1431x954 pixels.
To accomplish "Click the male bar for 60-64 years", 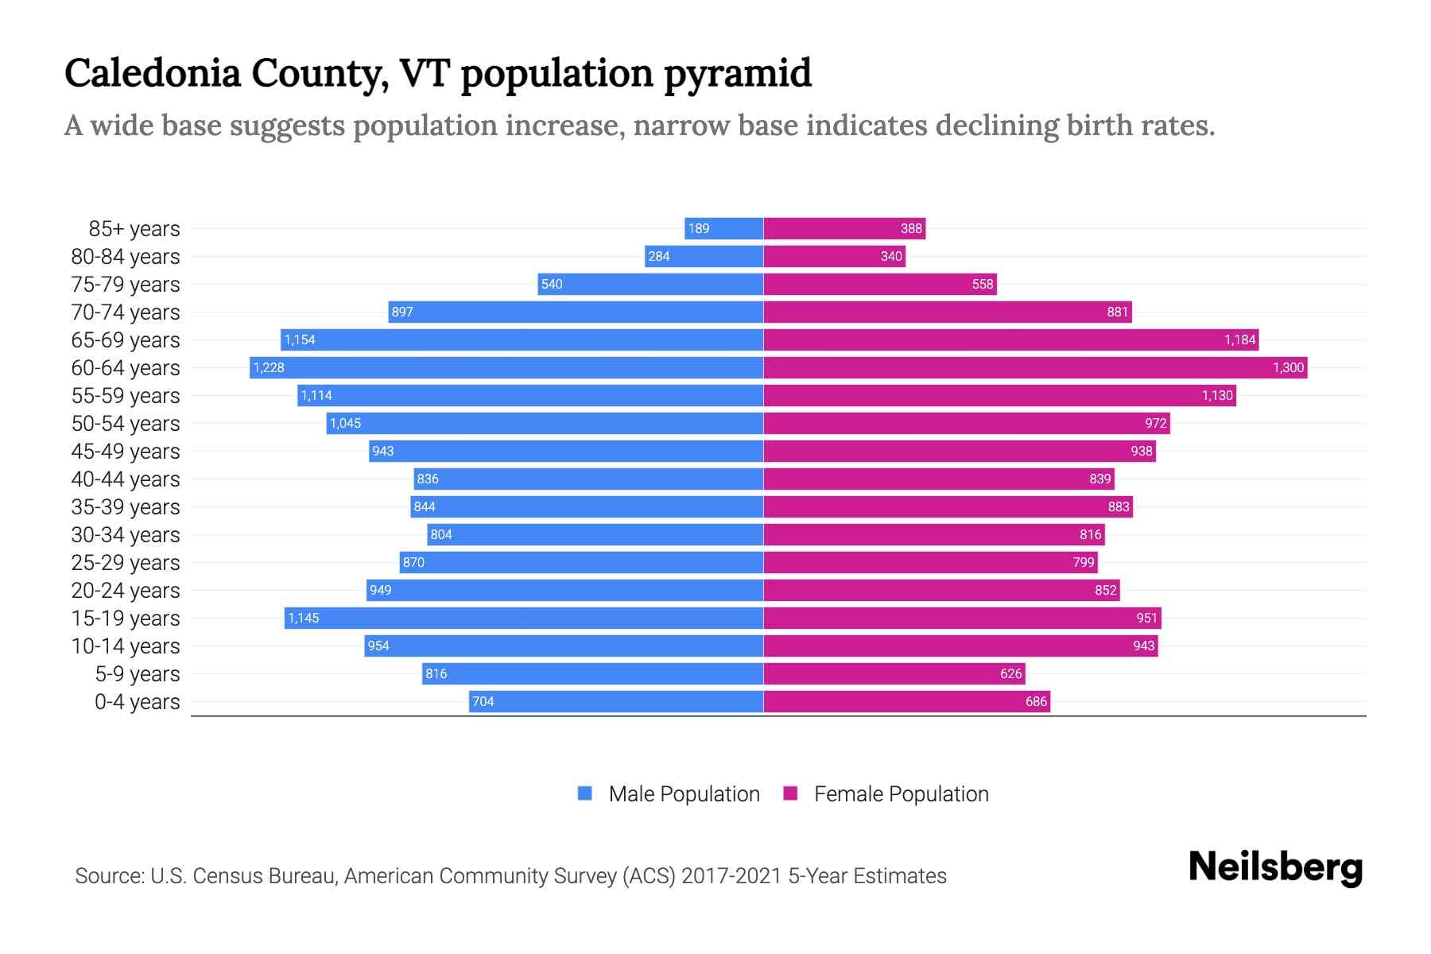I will [x=506, y=367].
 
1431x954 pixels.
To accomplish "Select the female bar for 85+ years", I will [x=844, y=229].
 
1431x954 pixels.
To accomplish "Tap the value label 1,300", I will [x=1288, y=367].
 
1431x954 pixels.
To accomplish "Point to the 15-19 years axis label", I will [x=126, y=619].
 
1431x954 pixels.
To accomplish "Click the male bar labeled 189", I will [x=723, y=229].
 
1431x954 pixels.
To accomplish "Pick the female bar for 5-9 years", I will [x=894, y=674].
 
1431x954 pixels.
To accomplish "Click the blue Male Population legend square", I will [x=585, y=793].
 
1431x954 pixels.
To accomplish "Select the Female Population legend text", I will [x=901, y=793].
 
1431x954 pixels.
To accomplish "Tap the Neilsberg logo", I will [x=1275, y=867].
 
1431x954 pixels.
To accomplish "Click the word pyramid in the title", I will [x=737, y=73].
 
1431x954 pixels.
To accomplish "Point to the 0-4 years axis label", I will [x=137, y=702].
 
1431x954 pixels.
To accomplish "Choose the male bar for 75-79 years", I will [x=650, y=285].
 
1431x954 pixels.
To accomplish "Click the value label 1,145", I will [x=303, y=619].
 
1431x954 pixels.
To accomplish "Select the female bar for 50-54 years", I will [x=966, y=424].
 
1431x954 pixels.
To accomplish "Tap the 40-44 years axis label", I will [x=126, y=479].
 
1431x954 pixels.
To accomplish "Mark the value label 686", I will [x=1036, y=702].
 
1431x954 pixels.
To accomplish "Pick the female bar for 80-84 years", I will [x=834, y=257].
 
